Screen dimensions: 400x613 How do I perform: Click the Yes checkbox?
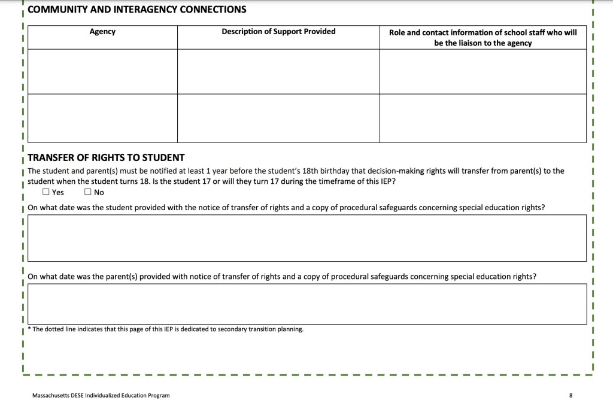(x=46, y=192)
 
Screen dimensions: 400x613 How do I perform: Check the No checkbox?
(x=87, y=192)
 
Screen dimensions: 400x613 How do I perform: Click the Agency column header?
(x=102, y=32)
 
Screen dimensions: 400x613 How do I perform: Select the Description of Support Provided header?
(x=278, y=32)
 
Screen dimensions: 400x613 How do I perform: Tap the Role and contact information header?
(x=482, y=37)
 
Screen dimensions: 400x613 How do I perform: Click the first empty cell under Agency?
(x=102, y=71)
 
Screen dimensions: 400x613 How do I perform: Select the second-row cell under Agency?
(x=102, y=118)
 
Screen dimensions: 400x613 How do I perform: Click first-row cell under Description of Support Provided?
(x=278, y=71)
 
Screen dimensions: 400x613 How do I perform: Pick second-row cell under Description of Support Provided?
(x=278, y=118)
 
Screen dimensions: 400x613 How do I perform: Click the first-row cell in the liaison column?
(x=482, y=71)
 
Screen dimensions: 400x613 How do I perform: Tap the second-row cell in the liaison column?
(x=482, y=118)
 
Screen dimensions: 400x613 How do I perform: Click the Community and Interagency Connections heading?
(x=137, y=10)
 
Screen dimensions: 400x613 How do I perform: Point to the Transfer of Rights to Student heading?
(x=106, y=157)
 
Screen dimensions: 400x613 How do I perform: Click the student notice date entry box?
(x=306, y=238)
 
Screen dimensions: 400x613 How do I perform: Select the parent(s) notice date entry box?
(x=306, y=304)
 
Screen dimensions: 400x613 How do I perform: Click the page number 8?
(x=570, y=395)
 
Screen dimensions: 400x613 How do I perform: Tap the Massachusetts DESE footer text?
(x=101, y=395)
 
